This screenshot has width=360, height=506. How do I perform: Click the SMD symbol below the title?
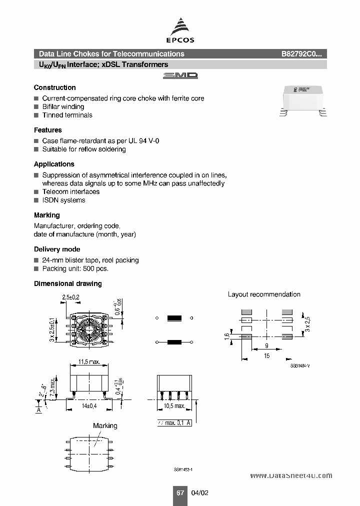pyautogui.click(x=180, y=75)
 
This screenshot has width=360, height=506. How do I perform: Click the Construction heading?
pyautogui.click(x=55, y=87)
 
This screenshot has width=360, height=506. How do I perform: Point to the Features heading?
pyautogui.click(x=48, y=130)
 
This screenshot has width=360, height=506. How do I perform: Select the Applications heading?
pyautogui.click(x=54, y=164)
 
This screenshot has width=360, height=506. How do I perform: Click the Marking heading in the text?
pyautogui.click(x=47, y=215)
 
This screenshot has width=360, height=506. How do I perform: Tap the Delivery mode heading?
pyautogui.click(x=57, y=249)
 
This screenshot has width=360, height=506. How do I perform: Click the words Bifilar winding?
pyautogui.click(x=63, y=106)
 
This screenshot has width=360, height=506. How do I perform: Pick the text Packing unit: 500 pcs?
pyautogui.click(x=75, y=268)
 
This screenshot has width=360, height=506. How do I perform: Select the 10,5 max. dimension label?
pyautogui.click(x=173, y=405)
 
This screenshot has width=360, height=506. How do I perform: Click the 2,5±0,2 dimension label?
pyautogui.click(x=70, y=297)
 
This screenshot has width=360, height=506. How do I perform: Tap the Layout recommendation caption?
pyautogui.click(x=264, y=294)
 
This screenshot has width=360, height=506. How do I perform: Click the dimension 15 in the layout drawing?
pyautogui.click(x=266, y=356)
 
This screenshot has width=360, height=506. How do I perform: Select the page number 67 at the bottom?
pyautogui.click(x=180, y=492)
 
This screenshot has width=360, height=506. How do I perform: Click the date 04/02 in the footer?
pyautogui.click(x=199, y=492)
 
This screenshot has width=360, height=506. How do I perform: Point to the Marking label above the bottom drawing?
pyautogui.click(x=105, y=425)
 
